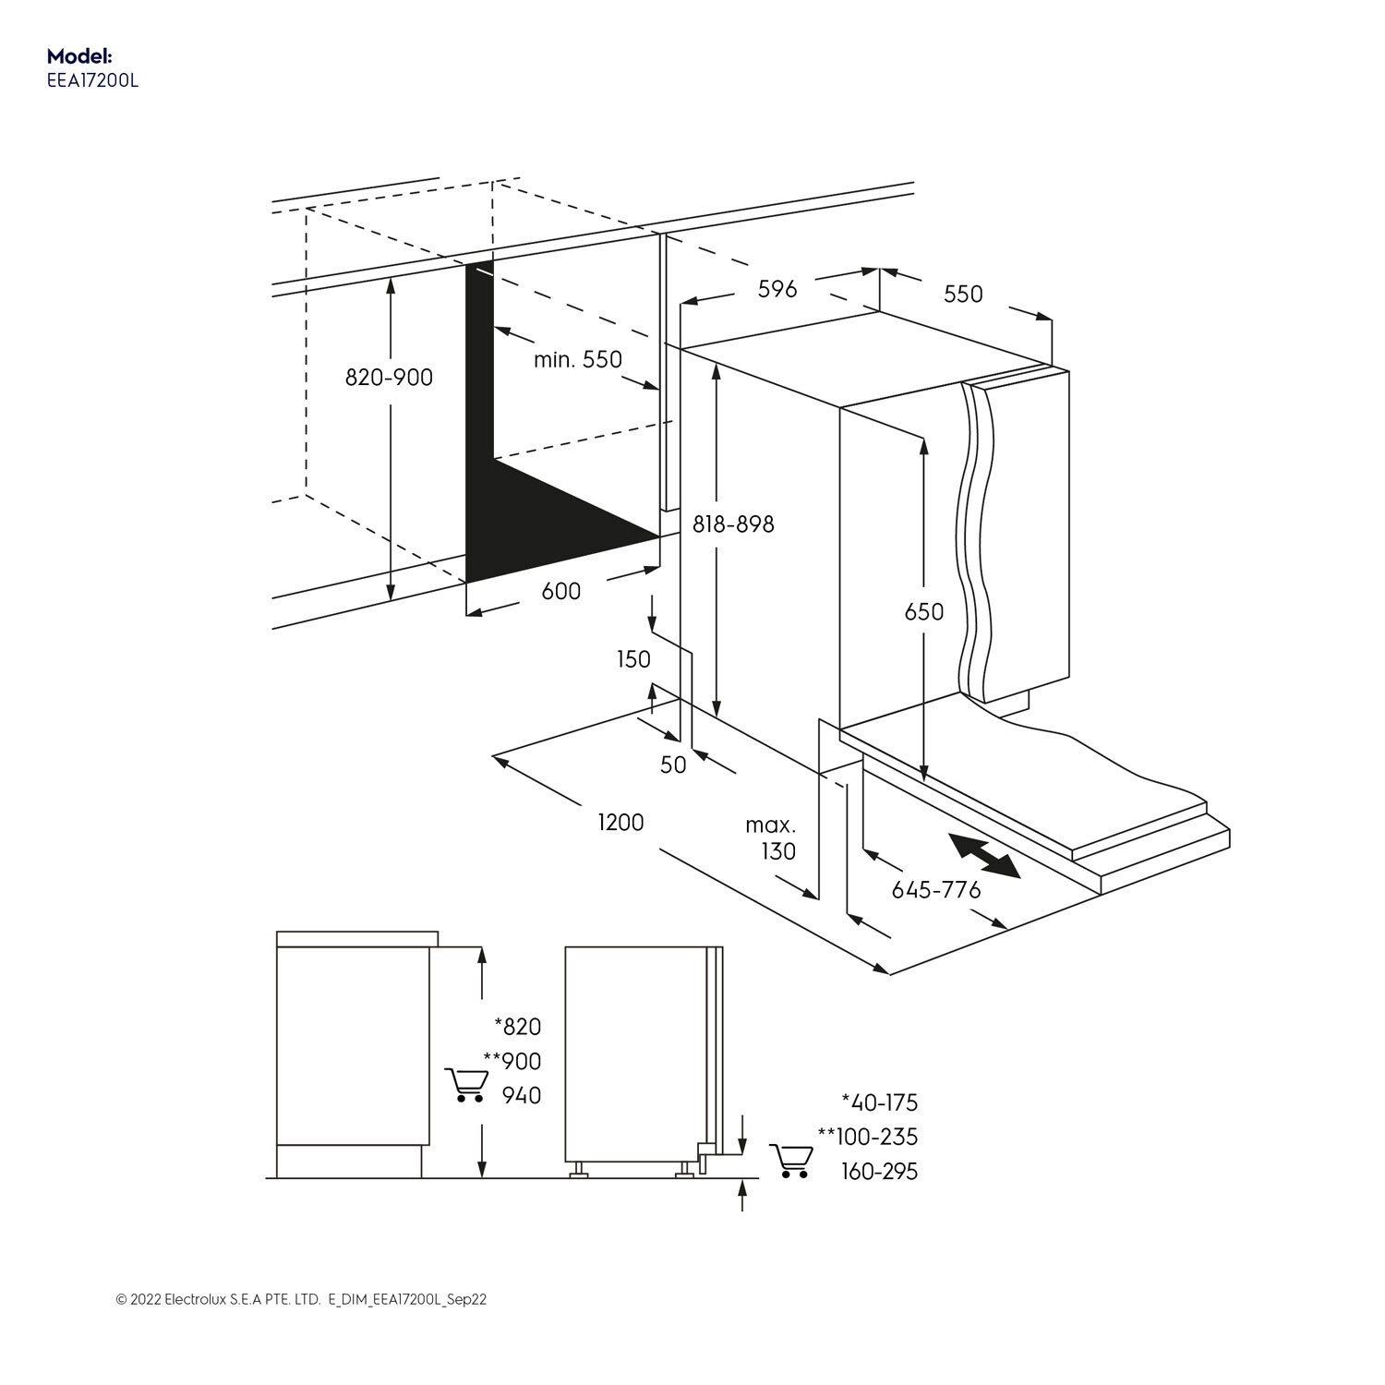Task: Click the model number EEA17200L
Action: coord(92,80)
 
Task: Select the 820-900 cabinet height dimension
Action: coord(389,378)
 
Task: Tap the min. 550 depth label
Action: coord(578,359)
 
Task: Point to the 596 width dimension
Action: coord(777,289)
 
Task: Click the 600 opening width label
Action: coord(560,591)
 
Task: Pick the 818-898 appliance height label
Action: coord(733,524)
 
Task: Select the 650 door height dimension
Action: coord(923,611)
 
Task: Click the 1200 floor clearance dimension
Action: coord(620,822)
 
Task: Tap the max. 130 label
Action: coord(772,837)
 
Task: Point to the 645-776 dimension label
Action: coord(935,890)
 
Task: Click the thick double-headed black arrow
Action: coord(984,855)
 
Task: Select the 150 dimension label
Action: coord(633,659)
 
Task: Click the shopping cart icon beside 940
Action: coord(466,1085)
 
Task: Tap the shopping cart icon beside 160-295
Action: coord(791,1161)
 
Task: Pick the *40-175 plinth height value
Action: coord(879,1102)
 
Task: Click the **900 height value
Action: coord(512,1061)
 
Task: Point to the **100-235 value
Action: coord(868,1137)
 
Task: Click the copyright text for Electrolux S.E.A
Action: coord(301,1299)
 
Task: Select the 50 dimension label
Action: coord(673,765)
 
